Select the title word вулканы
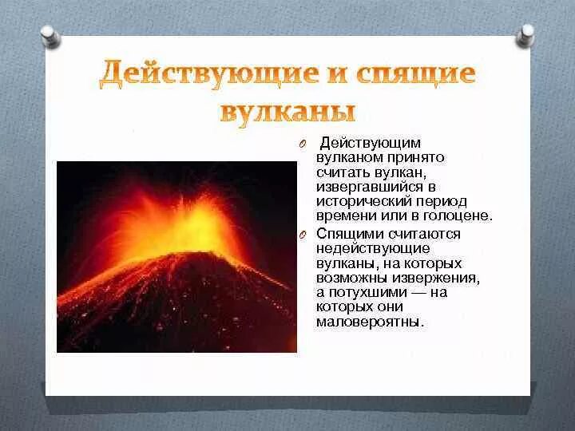pyautogui.click(x=287, y=112)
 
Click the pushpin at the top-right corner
pyautogui.click(x=525, y=35)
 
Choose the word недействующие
pyautogui.click(x=362, y=248)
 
